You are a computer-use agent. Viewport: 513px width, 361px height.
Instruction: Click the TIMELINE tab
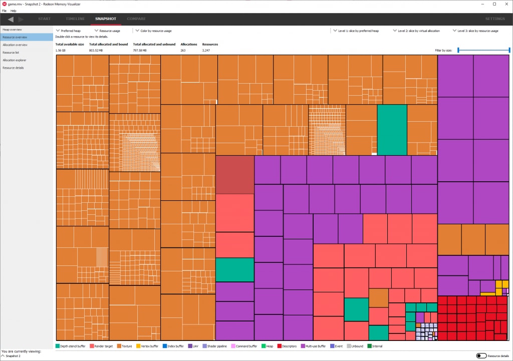[76, 19]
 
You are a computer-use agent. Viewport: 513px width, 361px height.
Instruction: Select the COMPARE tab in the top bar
[136, 19]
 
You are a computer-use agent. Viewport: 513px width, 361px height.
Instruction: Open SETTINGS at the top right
[495, 19]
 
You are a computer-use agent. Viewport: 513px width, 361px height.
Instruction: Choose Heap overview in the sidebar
[12, 30]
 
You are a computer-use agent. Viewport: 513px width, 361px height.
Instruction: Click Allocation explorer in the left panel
[15, 60]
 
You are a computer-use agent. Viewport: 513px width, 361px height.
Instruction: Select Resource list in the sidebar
[11, 53]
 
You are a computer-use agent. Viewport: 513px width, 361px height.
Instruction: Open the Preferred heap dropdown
[68, 31]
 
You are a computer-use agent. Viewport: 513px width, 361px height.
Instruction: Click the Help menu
[14, 11]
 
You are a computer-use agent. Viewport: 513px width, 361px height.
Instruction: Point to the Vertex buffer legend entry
[148, 346]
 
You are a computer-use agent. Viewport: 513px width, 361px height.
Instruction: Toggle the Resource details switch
[481, 355]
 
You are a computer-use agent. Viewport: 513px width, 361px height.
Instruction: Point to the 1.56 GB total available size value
[61, 51]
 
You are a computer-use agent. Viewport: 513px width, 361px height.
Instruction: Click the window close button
[505, 4]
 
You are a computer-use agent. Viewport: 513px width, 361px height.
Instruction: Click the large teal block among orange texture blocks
[392, 130]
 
